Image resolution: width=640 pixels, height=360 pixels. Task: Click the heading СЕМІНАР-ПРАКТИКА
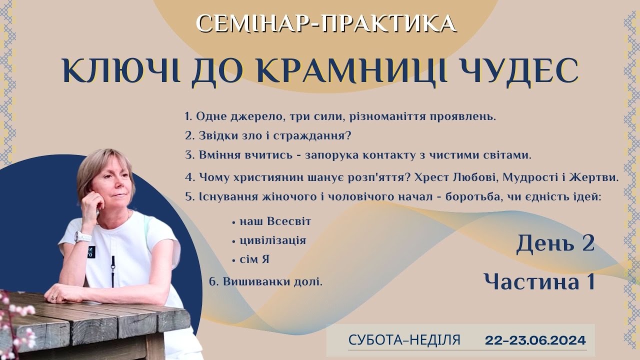[x=326, y=23]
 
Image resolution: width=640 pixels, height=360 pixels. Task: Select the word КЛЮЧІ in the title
[x=120, y=71]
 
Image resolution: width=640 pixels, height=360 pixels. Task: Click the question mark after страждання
[x=347, y=135]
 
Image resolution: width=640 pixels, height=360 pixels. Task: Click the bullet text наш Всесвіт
[x=275, y=221]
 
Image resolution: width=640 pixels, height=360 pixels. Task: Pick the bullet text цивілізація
[x=273, y=240]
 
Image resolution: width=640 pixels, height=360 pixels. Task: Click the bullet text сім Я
[x=254, y=259]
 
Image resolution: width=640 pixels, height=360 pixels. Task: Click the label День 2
[x=555, y=243]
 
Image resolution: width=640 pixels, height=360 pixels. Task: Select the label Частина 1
[x=539, y=281]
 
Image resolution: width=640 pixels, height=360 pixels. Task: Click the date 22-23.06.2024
[x=535, y=340]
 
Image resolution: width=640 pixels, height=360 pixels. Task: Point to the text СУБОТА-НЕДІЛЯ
[x=404, y=340]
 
